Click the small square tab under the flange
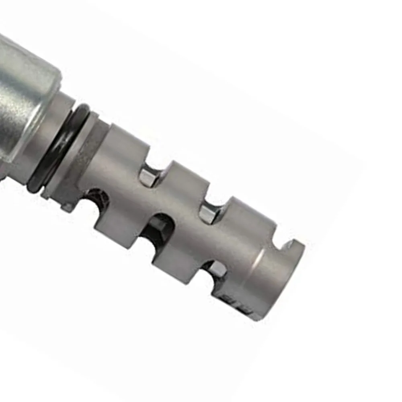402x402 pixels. tap(67, 207)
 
